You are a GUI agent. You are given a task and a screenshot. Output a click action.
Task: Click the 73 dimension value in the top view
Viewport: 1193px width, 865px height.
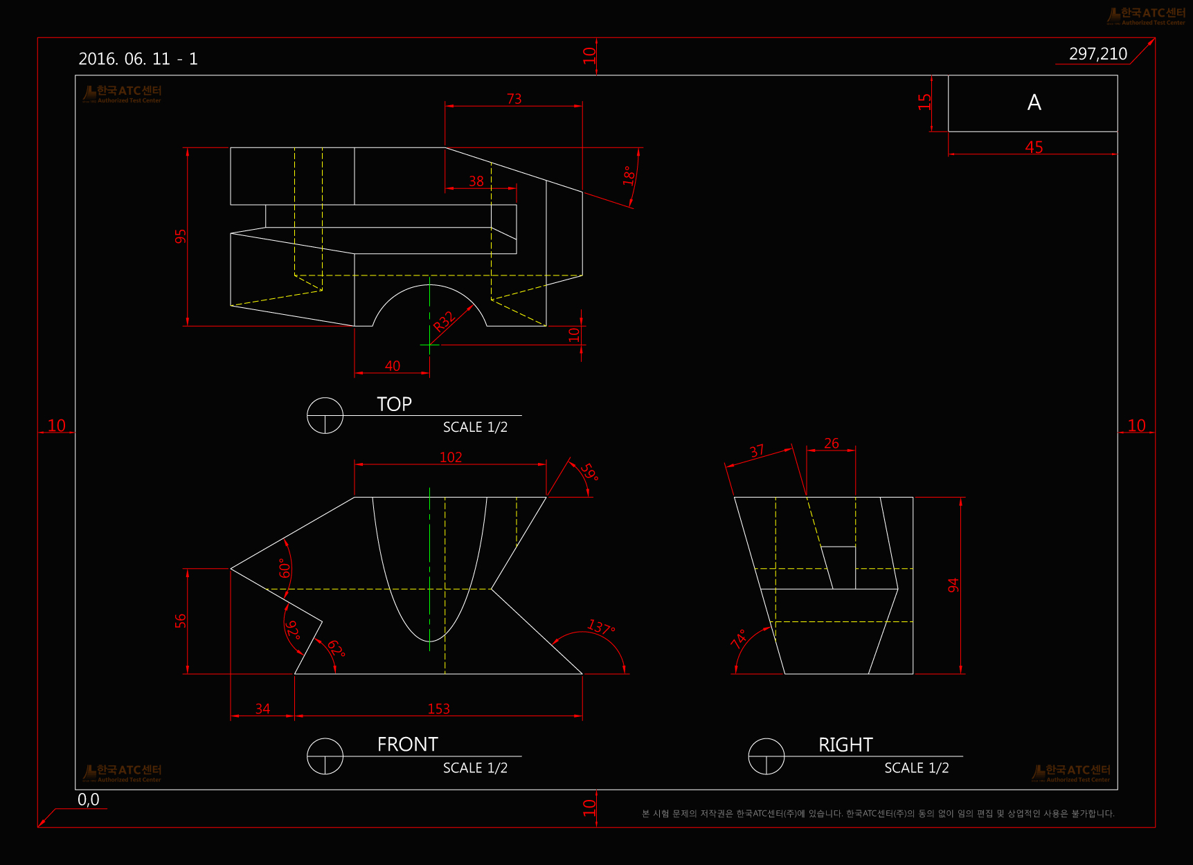pyautogui.click(x=514, y=99)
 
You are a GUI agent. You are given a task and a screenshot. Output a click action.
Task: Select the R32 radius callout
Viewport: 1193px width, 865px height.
pyautogui.click(x=444, y=321)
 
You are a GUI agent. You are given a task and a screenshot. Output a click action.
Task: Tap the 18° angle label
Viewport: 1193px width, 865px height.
pyautogui.click(x=629, y=175)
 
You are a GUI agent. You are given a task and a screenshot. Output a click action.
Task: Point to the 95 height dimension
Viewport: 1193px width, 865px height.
pyautogui.click(x=181, y=237)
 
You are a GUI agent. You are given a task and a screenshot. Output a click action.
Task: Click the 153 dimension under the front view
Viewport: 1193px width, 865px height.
pyautogui.click(x=438, y=709)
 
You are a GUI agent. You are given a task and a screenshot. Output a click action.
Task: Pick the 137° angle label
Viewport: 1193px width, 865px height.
pyautogui.click(x=600, y=628)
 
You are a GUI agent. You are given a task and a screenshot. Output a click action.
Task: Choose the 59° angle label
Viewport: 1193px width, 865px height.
pyautogui.click(x=589, y=472)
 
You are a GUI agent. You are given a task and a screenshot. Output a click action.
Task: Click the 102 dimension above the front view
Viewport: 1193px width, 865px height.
pyautogui.click(x=451, y=457)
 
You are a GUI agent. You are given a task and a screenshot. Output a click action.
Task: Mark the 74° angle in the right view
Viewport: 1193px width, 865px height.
pyautogui.click(x=739, y=638)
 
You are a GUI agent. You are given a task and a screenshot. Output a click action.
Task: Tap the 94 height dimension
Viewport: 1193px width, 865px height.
pyautogui.click(x=953, y=585)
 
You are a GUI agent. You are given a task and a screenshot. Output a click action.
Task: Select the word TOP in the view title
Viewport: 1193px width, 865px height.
pyautogui.click(x=394, y=404)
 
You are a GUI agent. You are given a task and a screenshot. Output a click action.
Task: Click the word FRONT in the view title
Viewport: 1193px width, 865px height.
pyautogui.click(x=407, y=745)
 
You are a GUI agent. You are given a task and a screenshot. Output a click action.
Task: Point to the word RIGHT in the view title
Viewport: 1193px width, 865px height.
pyautogui.click(x=845, y=745)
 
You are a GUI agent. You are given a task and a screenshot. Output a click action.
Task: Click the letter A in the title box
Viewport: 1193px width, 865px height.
pyautogui.click(x=1034, y=102)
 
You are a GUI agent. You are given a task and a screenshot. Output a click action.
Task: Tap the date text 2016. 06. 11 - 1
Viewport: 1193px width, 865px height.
pyautogui.click(x=138, y=59)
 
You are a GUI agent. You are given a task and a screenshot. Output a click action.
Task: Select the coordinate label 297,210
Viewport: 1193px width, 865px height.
pyautogui.click(x=1097, y=54)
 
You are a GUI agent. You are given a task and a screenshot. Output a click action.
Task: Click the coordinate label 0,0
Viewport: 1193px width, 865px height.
pyautogui.click(x=89, y=800)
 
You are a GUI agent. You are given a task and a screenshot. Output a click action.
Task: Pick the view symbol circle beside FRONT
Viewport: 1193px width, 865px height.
pyautogui.click(x=325, y=756)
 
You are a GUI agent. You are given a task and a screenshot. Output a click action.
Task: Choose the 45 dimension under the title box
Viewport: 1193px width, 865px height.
pyautogui.click(x=1034, y=147)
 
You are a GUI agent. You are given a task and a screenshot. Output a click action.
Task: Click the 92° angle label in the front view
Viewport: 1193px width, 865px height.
pyautogui.click(x=292, y=630)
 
